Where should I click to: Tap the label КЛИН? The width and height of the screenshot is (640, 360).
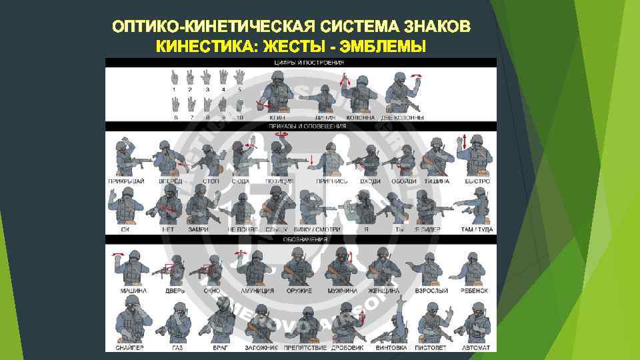[279, 118]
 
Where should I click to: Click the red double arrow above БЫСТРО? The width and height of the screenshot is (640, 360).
[465, 142]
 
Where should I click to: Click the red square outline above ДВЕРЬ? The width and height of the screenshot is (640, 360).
[169, 269]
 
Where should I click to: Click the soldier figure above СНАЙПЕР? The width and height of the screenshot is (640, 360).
[131, 320]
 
